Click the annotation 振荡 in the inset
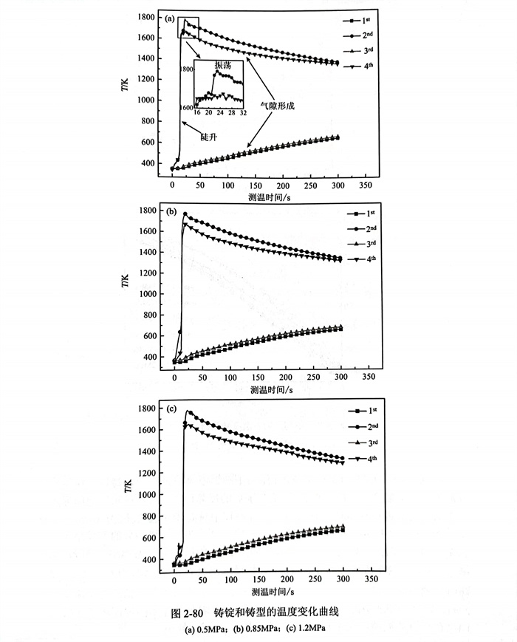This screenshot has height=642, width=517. pyautogui.click(x=222, y=66)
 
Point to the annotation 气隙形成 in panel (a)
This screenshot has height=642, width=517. pyautogui.click(x=280, y=106)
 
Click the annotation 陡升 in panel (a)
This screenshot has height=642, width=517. pyautogui.click(x=210, y=137)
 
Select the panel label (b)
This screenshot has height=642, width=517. pyautogui.click(x=171, y=212)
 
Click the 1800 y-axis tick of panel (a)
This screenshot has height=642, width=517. pyautogui.click(x=145, y=16)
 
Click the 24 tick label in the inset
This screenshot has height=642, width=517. pyautogui.click(x=220, y=113)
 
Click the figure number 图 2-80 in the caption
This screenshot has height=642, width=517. pyautogui.click(x=186, y=612)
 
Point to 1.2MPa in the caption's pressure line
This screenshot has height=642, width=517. pyautogui.click(x=309, y=629)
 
